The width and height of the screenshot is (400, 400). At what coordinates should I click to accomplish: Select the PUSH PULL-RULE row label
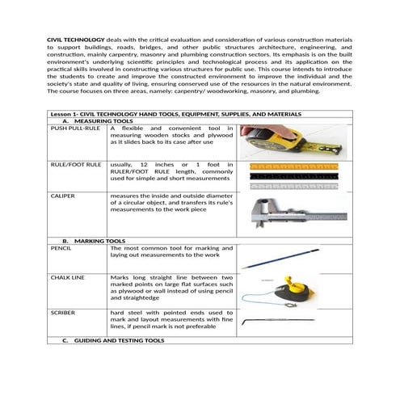click(x=75, y=128)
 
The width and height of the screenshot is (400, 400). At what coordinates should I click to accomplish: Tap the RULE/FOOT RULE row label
click(x=76, y=165)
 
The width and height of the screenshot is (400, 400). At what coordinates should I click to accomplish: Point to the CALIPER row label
click(x=63, y=196)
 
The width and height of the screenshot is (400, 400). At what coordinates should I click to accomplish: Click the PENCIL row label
click(x=61, y=248)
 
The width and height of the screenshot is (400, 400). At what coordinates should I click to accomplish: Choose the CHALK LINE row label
click(x=68, y=278)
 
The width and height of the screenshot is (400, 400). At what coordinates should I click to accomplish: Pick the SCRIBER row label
click(x=64, y=312)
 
